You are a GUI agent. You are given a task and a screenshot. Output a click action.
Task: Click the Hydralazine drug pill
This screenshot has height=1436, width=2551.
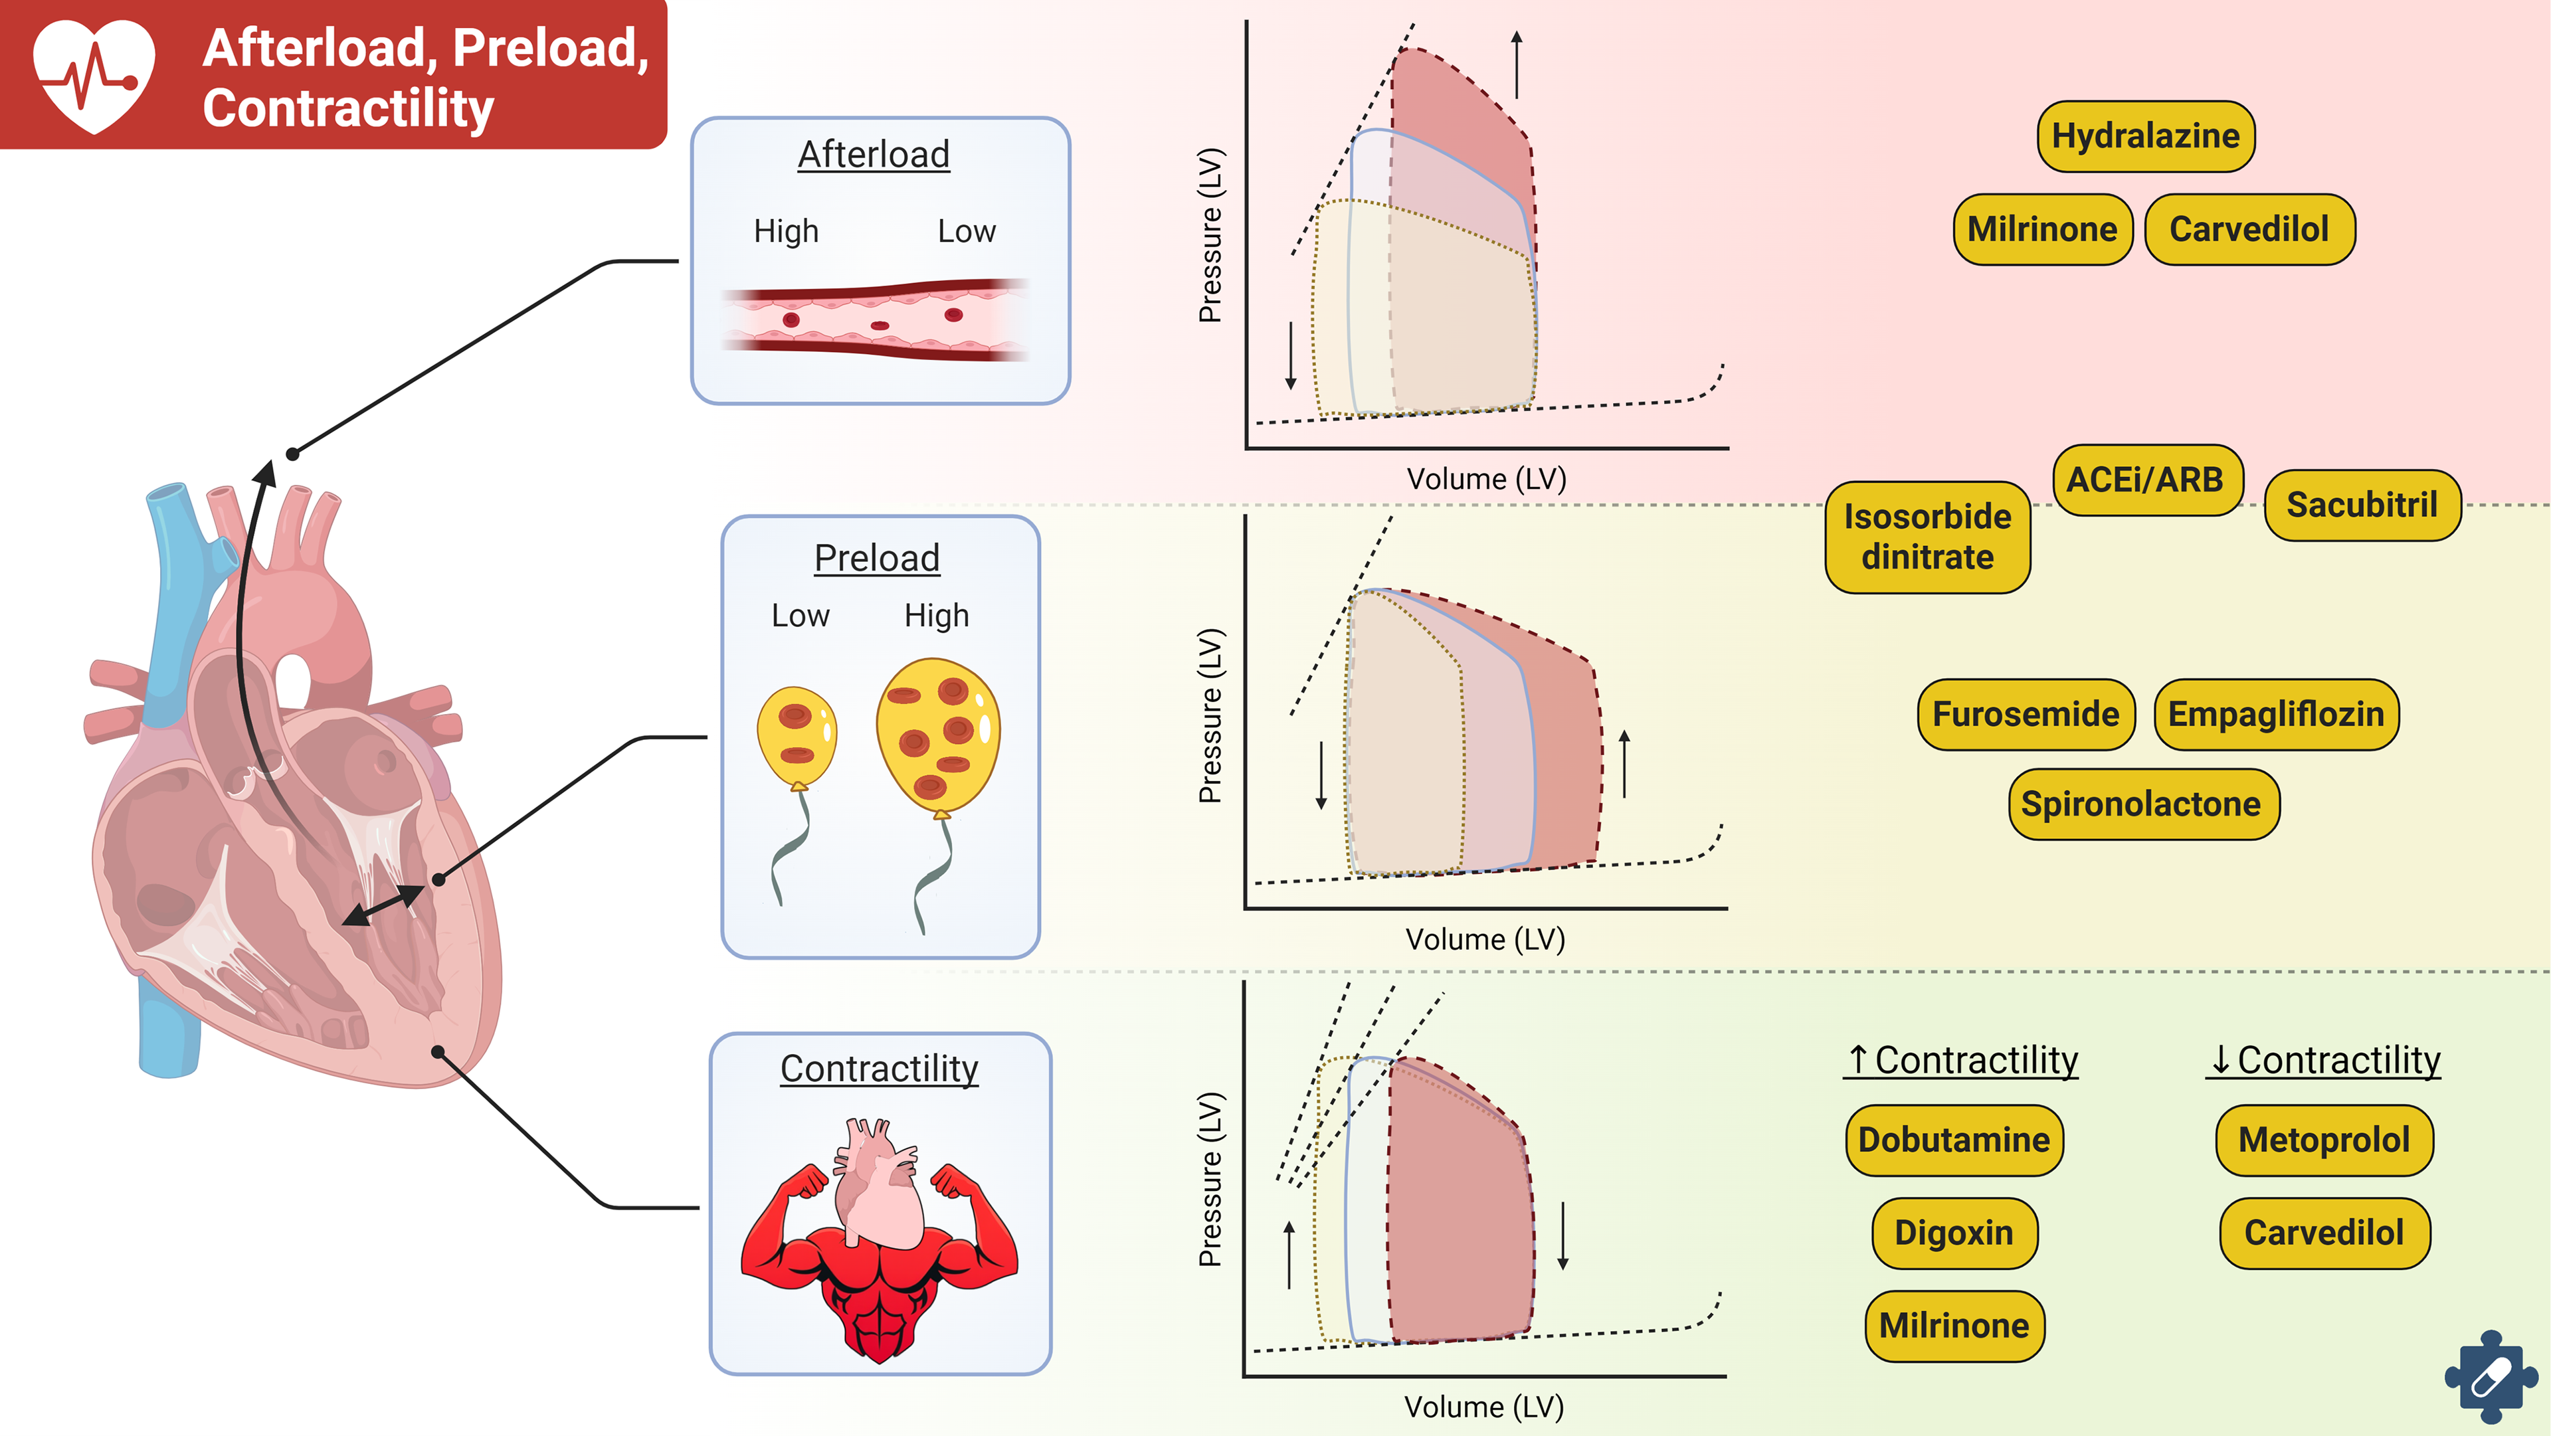tap(2145, 135)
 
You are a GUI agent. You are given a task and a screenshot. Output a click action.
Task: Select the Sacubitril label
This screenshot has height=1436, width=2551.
tap(2361, 505)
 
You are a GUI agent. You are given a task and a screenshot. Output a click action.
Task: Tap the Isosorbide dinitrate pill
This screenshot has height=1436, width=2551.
tap(1927, 537)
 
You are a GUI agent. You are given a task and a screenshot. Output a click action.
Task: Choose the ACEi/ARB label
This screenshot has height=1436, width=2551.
tap(2145, 480)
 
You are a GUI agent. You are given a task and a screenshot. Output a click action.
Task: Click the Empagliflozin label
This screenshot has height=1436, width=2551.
tap(2276, 714)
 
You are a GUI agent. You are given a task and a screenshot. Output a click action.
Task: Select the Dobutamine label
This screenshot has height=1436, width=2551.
tap(1954, 1140)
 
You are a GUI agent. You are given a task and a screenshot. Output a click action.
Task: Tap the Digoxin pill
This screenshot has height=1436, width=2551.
tap(1954, 1233)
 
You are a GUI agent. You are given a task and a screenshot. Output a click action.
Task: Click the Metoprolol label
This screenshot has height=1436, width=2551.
tap(2323, 1140)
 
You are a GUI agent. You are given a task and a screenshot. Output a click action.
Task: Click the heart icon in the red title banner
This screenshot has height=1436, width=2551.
tap(94, 75)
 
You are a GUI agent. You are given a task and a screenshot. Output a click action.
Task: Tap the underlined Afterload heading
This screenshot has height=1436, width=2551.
tap(874, 155)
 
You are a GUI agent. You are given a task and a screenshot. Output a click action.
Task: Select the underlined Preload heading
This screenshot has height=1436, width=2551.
tap(876, 559)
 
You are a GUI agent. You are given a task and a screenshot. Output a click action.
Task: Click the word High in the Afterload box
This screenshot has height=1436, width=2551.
tap(787, 232)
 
